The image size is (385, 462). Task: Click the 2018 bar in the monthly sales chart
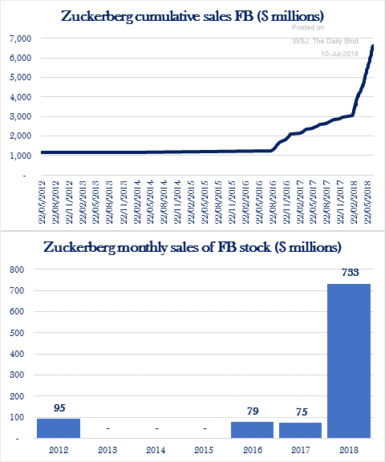pyautogui.click(x=349, y=361)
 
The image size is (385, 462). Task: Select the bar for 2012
pyautogui.click(x=59, y=428)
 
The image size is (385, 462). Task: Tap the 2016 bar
pyautogui.click(x=252, y=430)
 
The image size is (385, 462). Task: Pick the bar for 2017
pyautogui.click(x=301, y=431)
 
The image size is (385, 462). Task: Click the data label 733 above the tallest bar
pyautogui.click(x=351, y=272)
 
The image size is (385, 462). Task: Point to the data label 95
pyautogui.click(x=59, y=407)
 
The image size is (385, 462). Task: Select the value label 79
pyautogui.click(x=253, y=411)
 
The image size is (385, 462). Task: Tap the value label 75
pyautogui.click(x=302, y=411)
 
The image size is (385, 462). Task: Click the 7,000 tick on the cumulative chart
pyautogui.click(x=20, y=38)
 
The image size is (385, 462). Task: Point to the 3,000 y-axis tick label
pyautogui.click(x=20, y=116)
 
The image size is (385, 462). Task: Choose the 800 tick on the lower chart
pyautogui.click(x=17, y=269)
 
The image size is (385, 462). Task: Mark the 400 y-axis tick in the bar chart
pyautogui.click(x=17, y=354)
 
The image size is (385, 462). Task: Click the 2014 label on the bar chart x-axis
pyautogui.click(x=156, y=450)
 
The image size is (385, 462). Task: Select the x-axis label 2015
pyautogui.click(x=204, y=450)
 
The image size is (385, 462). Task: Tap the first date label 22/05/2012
pyautogui.click(x=43, y=202)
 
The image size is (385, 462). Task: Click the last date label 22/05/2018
pyautogui.click(x=368, y=202)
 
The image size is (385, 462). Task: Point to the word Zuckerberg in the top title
pyautogui.click(x=97, y=17)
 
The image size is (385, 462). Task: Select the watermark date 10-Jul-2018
pyautogui.click(x=339, y=54)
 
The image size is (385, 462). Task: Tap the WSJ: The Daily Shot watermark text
pyautogui.click(x=326, y=41)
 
